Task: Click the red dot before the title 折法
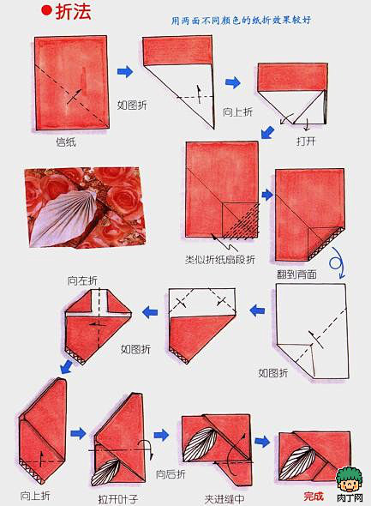point(46,10)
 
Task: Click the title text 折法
point(73,11)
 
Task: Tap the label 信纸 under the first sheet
point(66,142)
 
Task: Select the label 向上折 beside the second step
point(238,112)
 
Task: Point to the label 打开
point(306,141)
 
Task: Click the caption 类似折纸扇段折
point(220,260)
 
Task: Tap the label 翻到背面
point(296,274)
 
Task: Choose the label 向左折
point(82,280)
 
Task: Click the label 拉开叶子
point(118,499)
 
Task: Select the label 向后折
point(171,474)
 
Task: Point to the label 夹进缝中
point(224,499)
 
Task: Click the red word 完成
point(314,497)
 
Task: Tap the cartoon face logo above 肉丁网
point(349,479)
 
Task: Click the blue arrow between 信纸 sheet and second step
point(125,71)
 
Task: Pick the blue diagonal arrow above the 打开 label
point(267,132)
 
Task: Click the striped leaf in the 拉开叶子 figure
point(105,472)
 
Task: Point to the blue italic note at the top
point(241,20)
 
